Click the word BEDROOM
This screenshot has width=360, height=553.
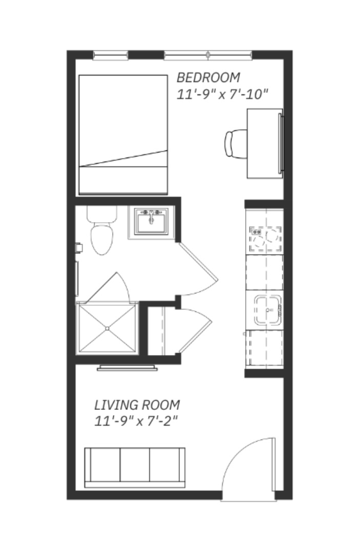coord(208,77)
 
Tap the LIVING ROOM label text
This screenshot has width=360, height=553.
coord(137,405)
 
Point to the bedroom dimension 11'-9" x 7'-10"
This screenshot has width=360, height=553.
coord(223,95)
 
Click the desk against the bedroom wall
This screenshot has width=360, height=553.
coord(264,143)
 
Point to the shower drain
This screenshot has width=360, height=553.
coord(107,328)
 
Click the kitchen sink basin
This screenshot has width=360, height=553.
coord(267,310)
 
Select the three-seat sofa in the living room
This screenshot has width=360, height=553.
coord(135,467)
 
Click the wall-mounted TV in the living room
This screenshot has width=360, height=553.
coord(127,367)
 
